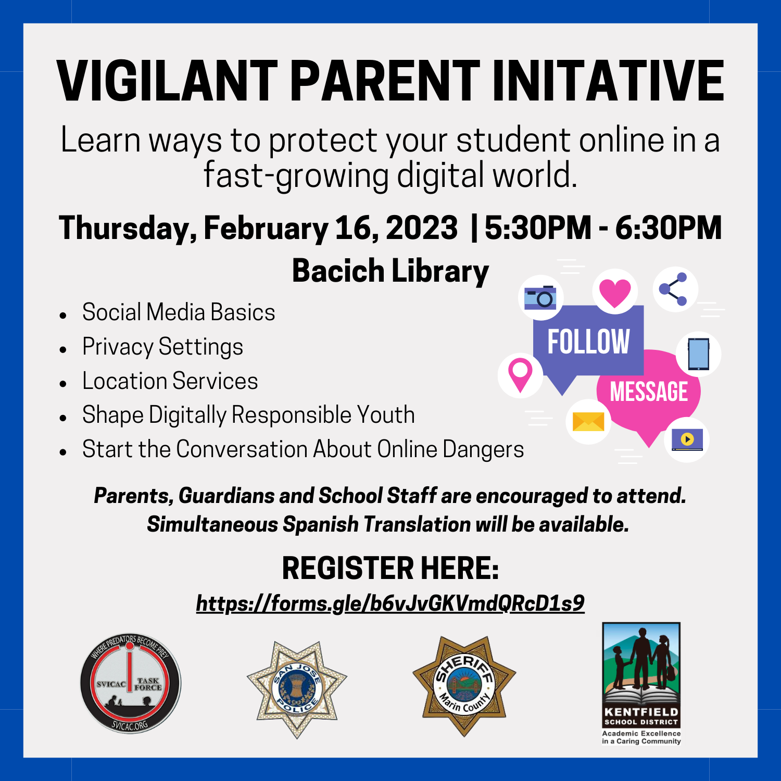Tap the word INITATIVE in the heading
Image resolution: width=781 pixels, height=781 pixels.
pyautogui.click(x=608, y=81)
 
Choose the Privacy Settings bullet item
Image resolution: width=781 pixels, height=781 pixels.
pyautogui.click(x=162, y=347)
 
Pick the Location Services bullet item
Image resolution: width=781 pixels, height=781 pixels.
pyautogui.click(x=170, y=381)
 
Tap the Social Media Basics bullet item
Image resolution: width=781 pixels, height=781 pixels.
pyautogui.click(x=179, y=312)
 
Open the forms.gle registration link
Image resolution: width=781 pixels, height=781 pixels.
pyautogui.click(x=391, y=603)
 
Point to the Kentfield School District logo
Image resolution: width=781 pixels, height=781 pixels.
pyautogui.click(x=641, y=684)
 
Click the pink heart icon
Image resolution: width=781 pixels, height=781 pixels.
pyautogui.click(x=615, y=292)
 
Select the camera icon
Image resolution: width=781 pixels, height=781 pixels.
pyautogui.click(x=540, y=297)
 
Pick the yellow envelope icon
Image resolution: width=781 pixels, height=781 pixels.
pyautogui.click(x=588, y=422)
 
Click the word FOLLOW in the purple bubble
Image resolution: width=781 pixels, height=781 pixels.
pyautogui.click(x=588, y=342)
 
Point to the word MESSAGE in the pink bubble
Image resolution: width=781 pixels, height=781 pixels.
pyautogui.click(x=649, y=392)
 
